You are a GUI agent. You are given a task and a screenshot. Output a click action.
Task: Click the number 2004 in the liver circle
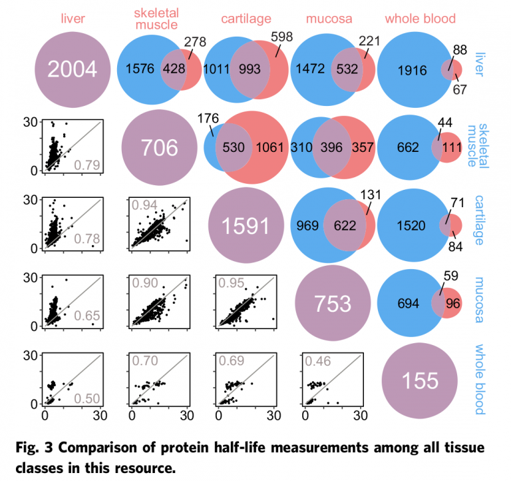(71, 69)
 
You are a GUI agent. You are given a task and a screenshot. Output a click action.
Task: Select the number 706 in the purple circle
(158, 148)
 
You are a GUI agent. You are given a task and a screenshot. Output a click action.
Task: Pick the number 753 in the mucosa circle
(333, 303)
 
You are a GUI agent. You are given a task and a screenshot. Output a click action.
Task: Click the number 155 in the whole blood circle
(421, 380)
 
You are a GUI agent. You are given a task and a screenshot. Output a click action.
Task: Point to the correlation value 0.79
(85, 165)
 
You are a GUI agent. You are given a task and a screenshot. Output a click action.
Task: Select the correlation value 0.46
(319, 361)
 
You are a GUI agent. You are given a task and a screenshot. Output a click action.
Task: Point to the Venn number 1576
(142, 69)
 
